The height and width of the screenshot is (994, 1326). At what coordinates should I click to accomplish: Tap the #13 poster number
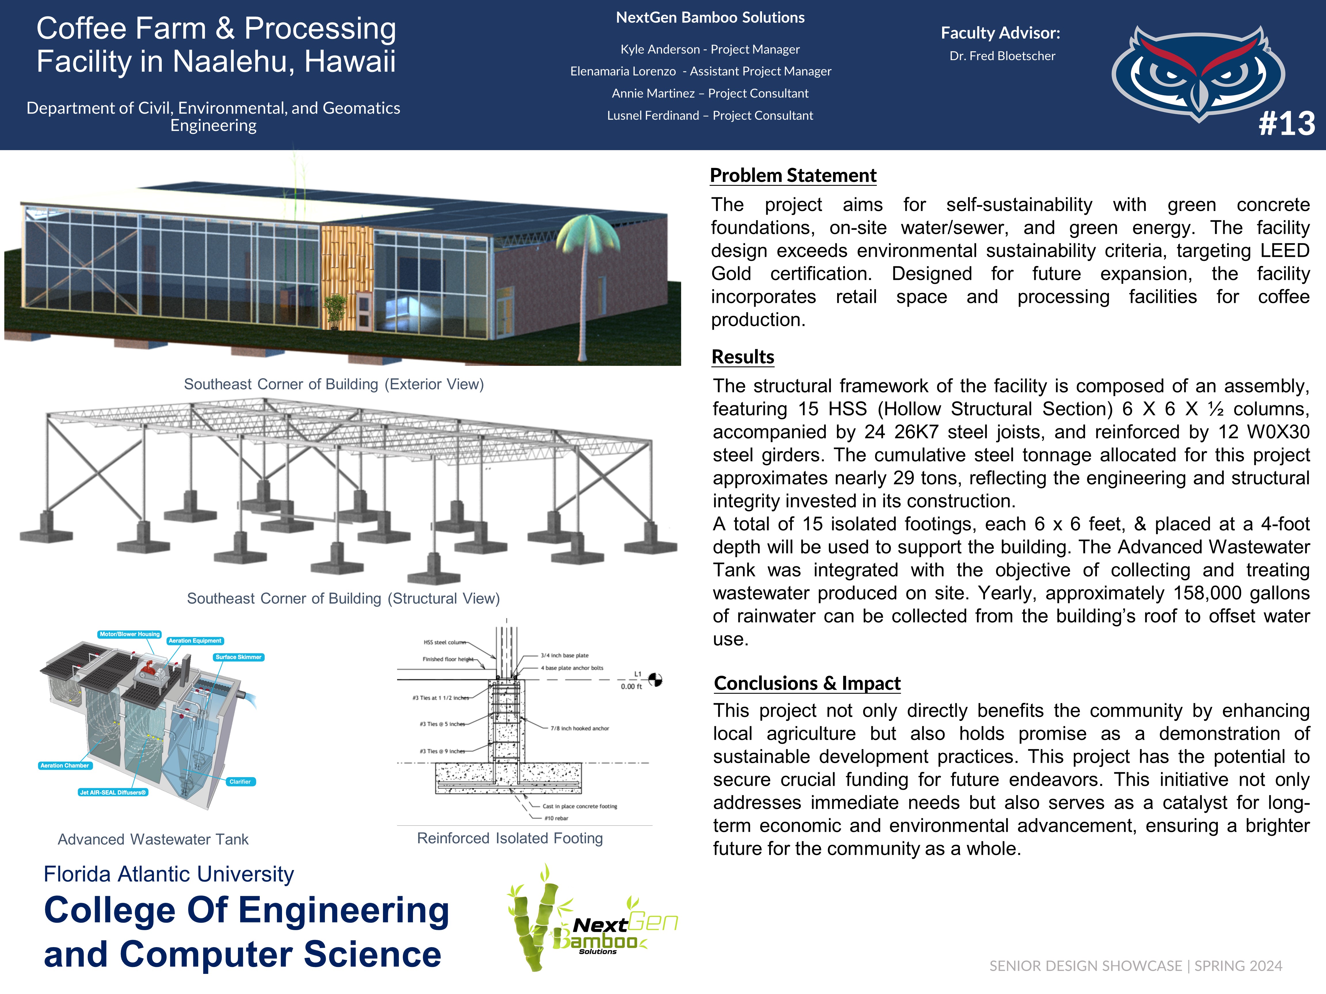tap(1287, 123)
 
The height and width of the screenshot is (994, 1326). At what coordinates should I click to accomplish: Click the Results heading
tap(743, 357)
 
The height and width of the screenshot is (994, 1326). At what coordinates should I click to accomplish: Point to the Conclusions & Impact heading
tap(807, 683)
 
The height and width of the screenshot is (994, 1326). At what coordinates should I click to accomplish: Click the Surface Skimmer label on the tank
tap(238, 657)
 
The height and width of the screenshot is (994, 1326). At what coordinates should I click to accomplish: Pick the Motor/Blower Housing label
tap(129, 634)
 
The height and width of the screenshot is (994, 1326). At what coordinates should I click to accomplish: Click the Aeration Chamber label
tap(64, 766)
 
